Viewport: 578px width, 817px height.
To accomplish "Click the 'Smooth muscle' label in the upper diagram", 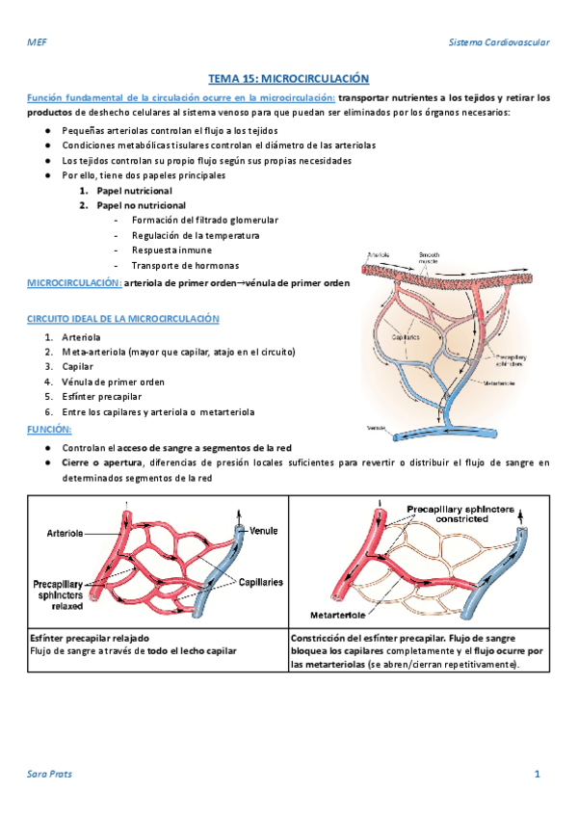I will click(429, 257).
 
